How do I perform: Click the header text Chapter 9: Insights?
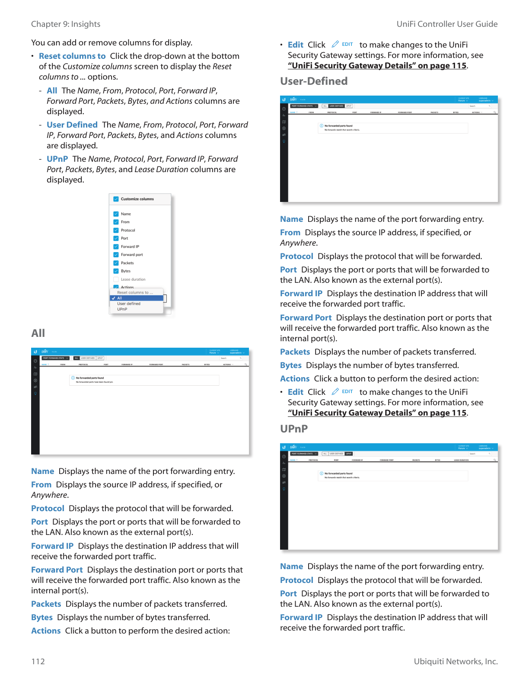(x=66, y=24)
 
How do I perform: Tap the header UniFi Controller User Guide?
(x=447, y=24)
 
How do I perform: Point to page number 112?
(x=38, y=661)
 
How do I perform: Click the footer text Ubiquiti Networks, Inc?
(x=456, y=661)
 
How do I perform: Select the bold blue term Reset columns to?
(x=72, y=56)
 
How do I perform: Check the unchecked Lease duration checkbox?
(x=116, y=279)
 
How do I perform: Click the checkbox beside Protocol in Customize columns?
(x=116, y=230)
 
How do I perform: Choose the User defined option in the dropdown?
(x=129, y=304)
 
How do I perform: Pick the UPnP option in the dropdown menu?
(x=122, y=309)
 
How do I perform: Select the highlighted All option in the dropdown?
(x=120, y=298)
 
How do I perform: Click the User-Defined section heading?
(x=314, y=81)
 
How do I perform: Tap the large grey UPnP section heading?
(x=294, y=429)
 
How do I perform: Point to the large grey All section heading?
(x=38, y=333)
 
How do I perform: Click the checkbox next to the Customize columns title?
(x=116, y=199)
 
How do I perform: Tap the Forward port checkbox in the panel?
(x=116, y=255)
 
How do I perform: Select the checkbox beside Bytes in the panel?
(x=116, y=271)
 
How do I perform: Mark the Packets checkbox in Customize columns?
(x=116, y=263)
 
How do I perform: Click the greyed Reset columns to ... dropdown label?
(x=135, y=293)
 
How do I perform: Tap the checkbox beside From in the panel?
(x=116, y=222)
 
